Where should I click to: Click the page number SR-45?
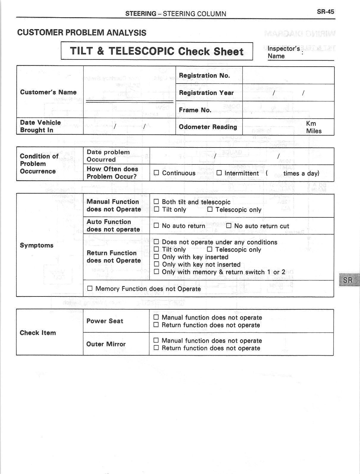click(325, 12)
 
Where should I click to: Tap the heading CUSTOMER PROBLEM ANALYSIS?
click(82, 33)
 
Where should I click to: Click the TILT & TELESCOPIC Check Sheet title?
click(157, 51)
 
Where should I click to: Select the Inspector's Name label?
click(283, 52)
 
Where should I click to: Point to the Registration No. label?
click(204, 76)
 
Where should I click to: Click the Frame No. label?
click(195, 110)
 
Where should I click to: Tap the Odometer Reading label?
click(208, 127)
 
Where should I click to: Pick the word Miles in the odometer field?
click(314, 131)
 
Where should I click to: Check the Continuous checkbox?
click(156, 173)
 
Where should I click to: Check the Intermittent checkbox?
click(219, 173)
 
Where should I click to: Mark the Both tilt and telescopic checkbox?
click(156, 202)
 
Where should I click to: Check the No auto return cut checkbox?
click(229, 226)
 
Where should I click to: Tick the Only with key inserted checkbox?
click(156, 257)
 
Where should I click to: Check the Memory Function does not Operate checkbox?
click(90, 288)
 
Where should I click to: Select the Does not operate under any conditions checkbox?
click(156, 242)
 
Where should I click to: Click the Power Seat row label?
click(105, 321)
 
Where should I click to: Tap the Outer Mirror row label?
click(106, 344)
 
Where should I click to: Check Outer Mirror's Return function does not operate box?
click(156, 348)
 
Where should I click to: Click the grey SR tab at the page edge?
click(349, 280)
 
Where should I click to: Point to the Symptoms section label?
click(37, 245)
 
